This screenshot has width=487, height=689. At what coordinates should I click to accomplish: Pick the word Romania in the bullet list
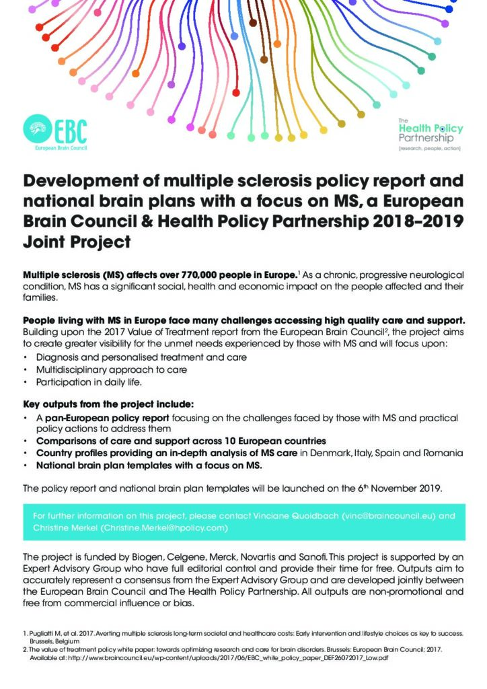click(x=443, y=453)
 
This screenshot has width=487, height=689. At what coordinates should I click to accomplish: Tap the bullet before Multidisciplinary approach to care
click(x=26, y=370)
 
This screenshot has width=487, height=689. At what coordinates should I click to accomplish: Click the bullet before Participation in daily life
click(x=26, y=382)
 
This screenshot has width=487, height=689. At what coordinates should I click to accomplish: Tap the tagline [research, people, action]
click(x=431, y=146)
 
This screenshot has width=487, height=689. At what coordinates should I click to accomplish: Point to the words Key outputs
click(x=50, y=404)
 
